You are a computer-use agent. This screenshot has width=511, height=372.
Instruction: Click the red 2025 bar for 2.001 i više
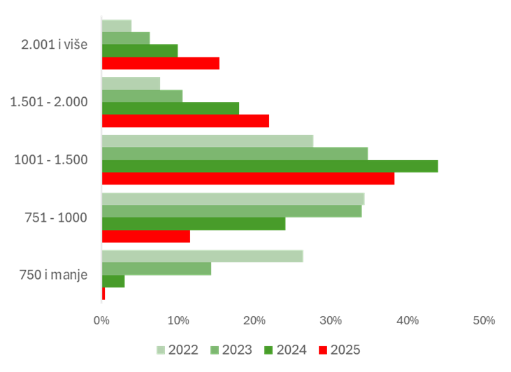tap(160, 64)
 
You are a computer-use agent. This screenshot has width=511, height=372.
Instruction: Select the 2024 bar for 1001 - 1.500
tap(270, 166)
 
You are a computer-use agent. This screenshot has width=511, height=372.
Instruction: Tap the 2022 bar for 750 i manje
tap(202, 256)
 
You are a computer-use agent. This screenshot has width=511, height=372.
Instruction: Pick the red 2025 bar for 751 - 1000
tap(146, 236)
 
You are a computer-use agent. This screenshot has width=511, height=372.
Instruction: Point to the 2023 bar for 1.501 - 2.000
tap(142, 96)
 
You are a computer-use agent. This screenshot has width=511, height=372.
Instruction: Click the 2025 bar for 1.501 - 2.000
tap(185, 121)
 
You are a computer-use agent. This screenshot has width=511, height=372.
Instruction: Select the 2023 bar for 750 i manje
tap(157, 269)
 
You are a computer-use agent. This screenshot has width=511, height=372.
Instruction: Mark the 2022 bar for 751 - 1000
tap(233, 199)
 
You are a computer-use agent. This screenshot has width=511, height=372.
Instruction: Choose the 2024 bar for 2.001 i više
tap(140, 51)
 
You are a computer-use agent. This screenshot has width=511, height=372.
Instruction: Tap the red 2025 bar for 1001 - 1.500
tap(248, 179)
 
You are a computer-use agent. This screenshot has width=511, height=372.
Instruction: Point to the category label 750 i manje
tap(54, 275)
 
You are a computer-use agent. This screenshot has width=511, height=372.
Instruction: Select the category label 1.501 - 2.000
tap(49, 102)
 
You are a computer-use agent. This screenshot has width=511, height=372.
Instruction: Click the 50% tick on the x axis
tap(484, 320)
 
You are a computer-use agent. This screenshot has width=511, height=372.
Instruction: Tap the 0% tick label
tap(102, 320)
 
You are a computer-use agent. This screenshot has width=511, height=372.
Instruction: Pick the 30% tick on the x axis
tap(331, 320)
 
